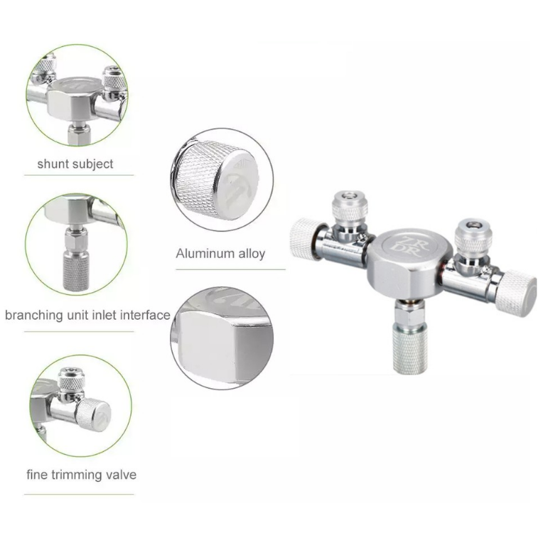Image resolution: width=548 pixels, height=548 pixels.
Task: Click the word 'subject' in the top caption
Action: [94, 164]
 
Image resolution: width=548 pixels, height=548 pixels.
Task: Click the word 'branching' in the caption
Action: [34, 316]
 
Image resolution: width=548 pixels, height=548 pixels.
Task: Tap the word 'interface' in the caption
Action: [145, 315]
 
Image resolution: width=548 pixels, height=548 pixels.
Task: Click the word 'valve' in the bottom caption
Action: [122, 475]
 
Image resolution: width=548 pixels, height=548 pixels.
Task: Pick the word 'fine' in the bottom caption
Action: [37, 475]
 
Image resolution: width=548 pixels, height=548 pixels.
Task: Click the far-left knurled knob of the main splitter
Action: [303, 239]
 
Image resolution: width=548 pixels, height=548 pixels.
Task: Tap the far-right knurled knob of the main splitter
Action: [518, 294]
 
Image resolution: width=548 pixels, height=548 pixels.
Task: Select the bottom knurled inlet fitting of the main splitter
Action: [409, 346]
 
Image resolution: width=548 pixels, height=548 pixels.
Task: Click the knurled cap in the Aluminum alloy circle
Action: [215, 179]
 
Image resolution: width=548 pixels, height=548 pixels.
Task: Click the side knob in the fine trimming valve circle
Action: [93, 414]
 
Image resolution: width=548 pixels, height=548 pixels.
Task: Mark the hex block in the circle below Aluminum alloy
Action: [224, 344]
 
